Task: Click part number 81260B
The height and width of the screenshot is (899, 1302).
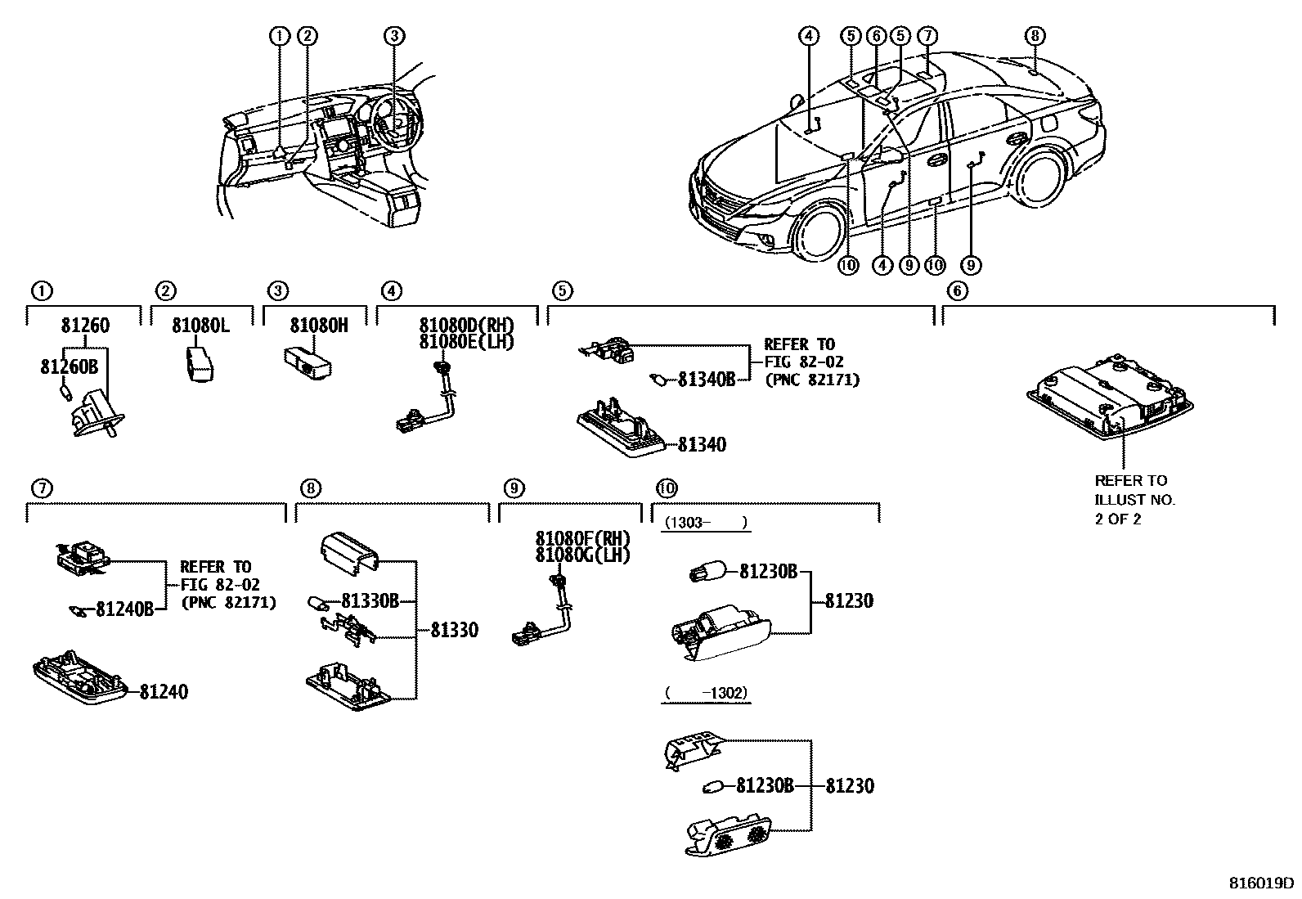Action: (69, 367)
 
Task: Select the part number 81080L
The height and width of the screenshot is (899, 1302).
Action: (200, 326)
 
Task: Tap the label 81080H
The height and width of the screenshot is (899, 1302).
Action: (319, 326)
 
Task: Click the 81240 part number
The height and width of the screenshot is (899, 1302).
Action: (163, 692)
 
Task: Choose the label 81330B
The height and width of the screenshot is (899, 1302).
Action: (370, 601)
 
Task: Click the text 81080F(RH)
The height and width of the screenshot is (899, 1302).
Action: (583, 539)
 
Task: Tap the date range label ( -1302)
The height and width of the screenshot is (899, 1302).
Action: (706, 693)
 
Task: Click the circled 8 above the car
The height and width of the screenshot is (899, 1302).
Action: (1035, 35)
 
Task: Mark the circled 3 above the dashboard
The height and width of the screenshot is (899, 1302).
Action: (394, 35)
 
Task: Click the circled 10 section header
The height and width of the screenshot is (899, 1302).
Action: (667, 488)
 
